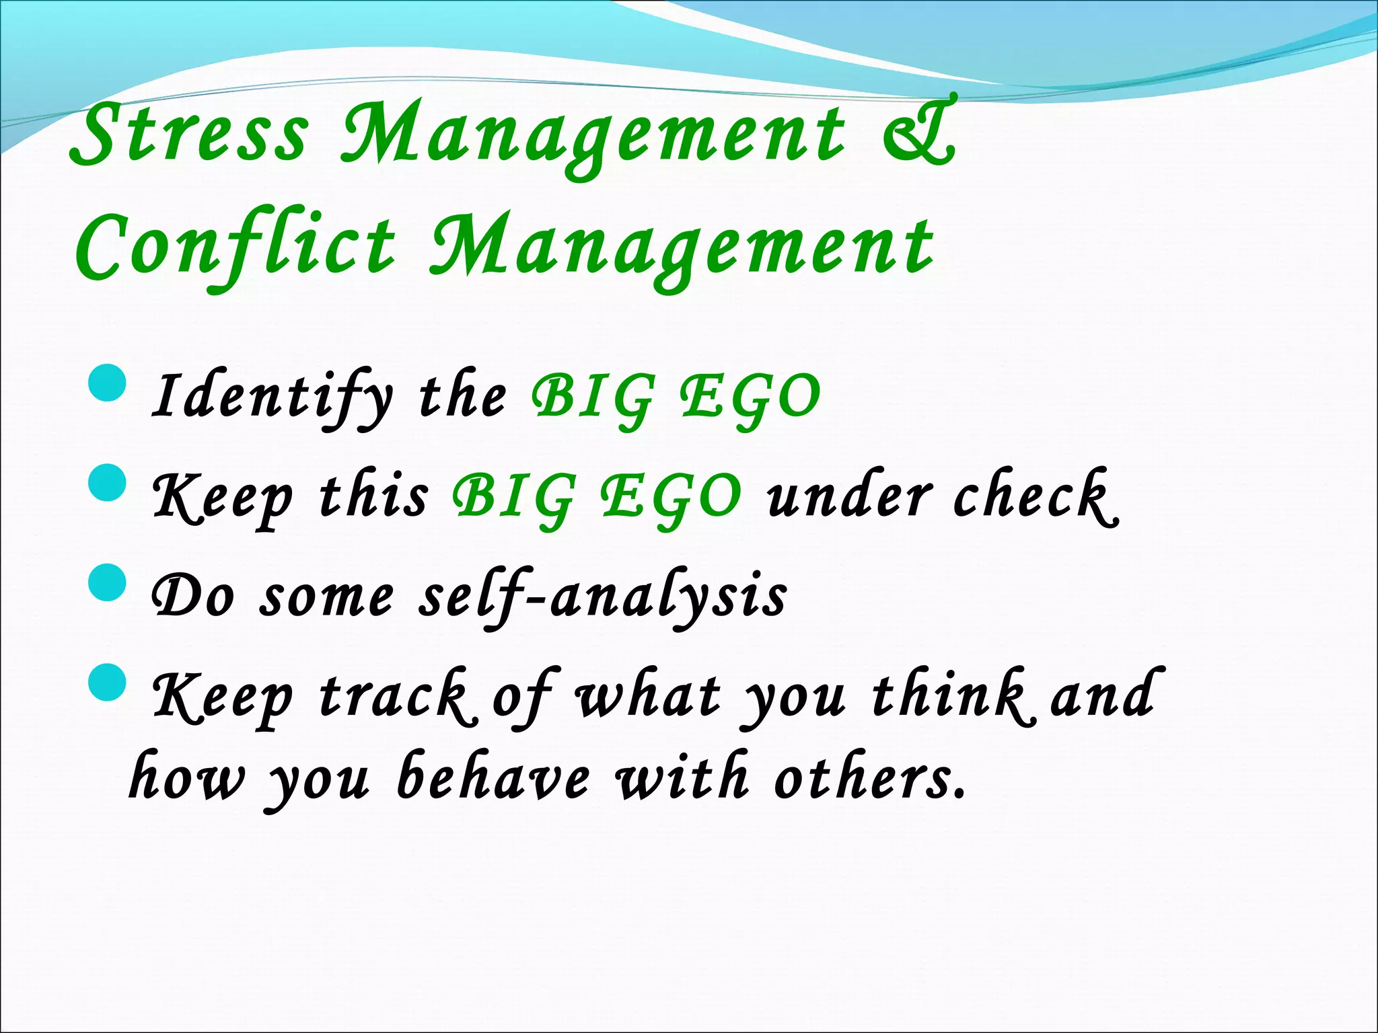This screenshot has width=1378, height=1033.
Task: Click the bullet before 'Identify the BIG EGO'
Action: click(x=107, y=383)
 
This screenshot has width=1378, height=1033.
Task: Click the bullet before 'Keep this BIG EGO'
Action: click(x=107, y=484)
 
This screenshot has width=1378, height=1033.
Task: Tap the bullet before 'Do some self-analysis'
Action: click(x=107, y=582)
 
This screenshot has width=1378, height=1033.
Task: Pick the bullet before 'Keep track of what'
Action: click(x=107, y=682)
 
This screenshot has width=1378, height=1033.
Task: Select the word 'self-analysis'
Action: click(x=602, y=597)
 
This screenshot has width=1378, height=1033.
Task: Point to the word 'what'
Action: click(x=648, y=697)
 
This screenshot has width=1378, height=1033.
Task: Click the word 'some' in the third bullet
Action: click(x=326, y=597)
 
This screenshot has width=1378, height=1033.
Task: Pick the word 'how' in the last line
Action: click(x=187, y=779)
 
